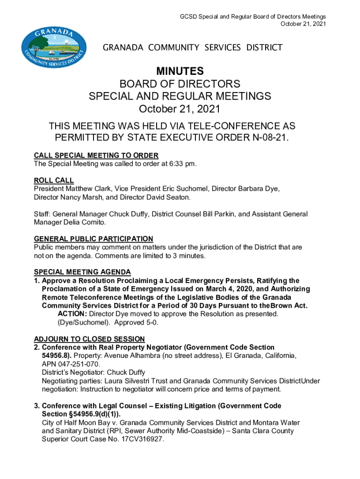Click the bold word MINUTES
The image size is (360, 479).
(x=180, y=72)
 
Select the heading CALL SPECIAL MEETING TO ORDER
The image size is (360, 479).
(x=96, y=156)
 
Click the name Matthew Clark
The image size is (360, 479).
(x=88, y=189)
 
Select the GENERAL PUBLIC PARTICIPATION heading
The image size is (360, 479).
(x=94, y=239)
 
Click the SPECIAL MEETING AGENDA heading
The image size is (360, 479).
(x=82, y=272)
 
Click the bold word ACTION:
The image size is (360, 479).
(x=72, y=314)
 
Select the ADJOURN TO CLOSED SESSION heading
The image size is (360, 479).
(x=89, y=339)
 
